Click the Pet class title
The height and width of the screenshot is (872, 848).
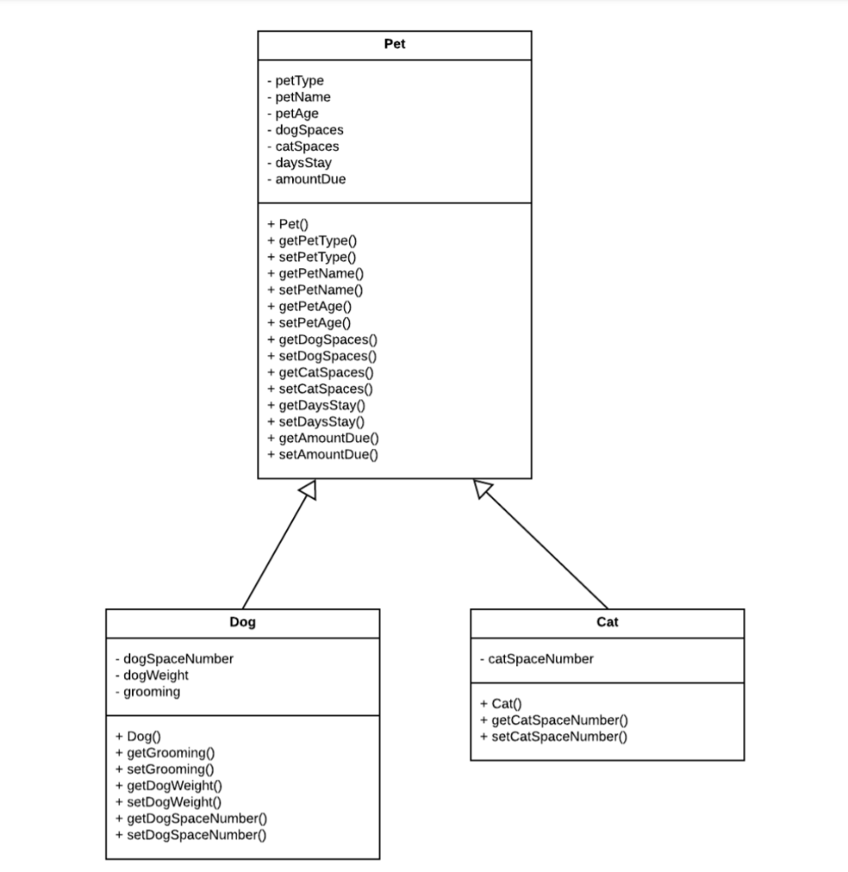(394, 44)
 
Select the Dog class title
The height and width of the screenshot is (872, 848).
(243, 622)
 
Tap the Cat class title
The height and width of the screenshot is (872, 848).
(607, 622)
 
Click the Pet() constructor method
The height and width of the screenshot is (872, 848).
(288, 225)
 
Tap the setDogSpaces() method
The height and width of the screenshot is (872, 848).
(322, 356)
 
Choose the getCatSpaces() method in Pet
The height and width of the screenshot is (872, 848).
(320, 372)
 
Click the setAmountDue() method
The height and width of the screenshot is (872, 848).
(323, 455)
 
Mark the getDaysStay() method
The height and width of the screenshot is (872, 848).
(316, 405)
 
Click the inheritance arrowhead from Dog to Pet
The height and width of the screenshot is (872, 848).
(308, 490)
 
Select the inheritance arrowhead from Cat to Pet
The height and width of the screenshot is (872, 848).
(483, 489)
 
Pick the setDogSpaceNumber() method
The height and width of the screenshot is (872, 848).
(190, 835)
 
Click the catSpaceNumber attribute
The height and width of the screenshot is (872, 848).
(536, 659)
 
